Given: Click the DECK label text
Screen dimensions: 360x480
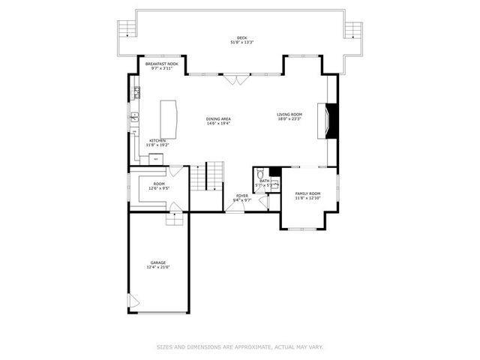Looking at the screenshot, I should coord(241,37).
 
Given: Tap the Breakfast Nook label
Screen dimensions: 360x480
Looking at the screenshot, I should coord(162,64).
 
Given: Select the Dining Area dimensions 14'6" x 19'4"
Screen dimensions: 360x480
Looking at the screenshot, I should coord(218,124).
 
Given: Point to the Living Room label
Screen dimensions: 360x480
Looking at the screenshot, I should coord(289,115).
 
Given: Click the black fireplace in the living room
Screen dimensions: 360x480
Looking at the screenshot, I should coord(335,117).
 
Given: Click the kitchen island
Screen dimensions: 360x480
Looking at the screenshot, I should coord(172,117).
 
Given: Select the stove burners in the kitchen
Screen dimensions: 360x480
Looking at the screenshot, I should coord(136,93).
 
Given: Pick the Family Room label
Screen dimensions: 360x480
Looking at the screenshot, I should coord(307,193).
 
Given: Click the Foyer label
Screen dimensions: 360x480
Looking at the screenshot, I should coord(241,196).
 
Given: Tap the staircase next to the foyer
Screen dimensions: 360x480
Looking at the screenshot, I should coord(215,176).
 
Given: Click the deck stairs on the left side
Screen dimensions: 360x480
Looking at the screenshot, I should coord(127,28).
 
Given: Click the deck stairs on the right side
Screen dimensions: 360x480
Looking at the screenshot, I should coord(352,28).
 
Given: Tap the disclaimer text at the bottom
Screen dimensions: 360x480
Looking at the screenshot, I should coord(240,346).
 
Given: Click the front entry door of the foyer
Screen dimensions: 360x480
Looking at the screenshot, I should coord(234,211).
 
